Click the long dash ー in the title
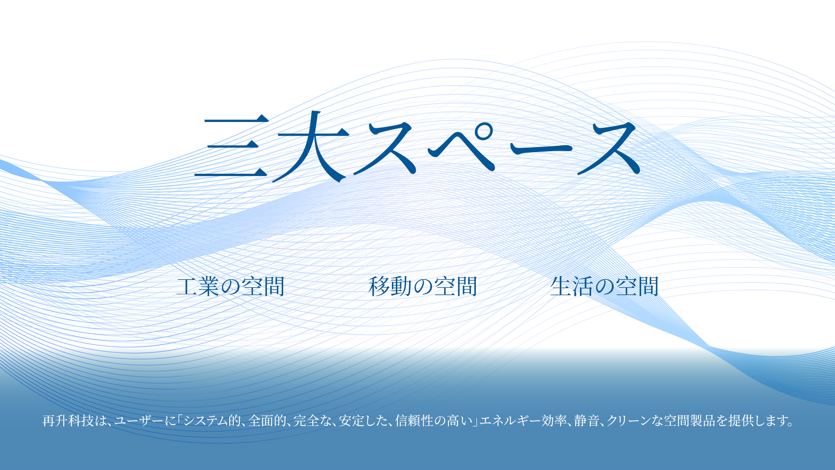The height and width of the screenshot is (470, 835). pyautogui.click(x=541, y=148)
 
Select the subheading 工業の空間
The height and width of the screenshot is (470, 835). pyautogui.click(x=230, y=286)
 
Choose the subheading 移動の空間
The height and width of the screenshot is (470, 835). pyautogui.click(x=423, y=286)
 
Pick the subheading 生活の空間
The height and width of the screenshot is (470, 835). pyautogui.click(x=604, y=286)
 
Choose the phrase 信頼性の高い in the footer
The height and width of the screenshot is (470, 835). pyautogui.click(x=434, y=420)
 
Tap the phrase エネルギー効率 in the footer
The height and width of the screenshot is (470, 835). pyautogui.click(x=524, y=420)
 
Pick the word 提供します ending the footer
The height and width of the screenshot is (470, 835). pyautogui.click(x=759, y=420)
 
